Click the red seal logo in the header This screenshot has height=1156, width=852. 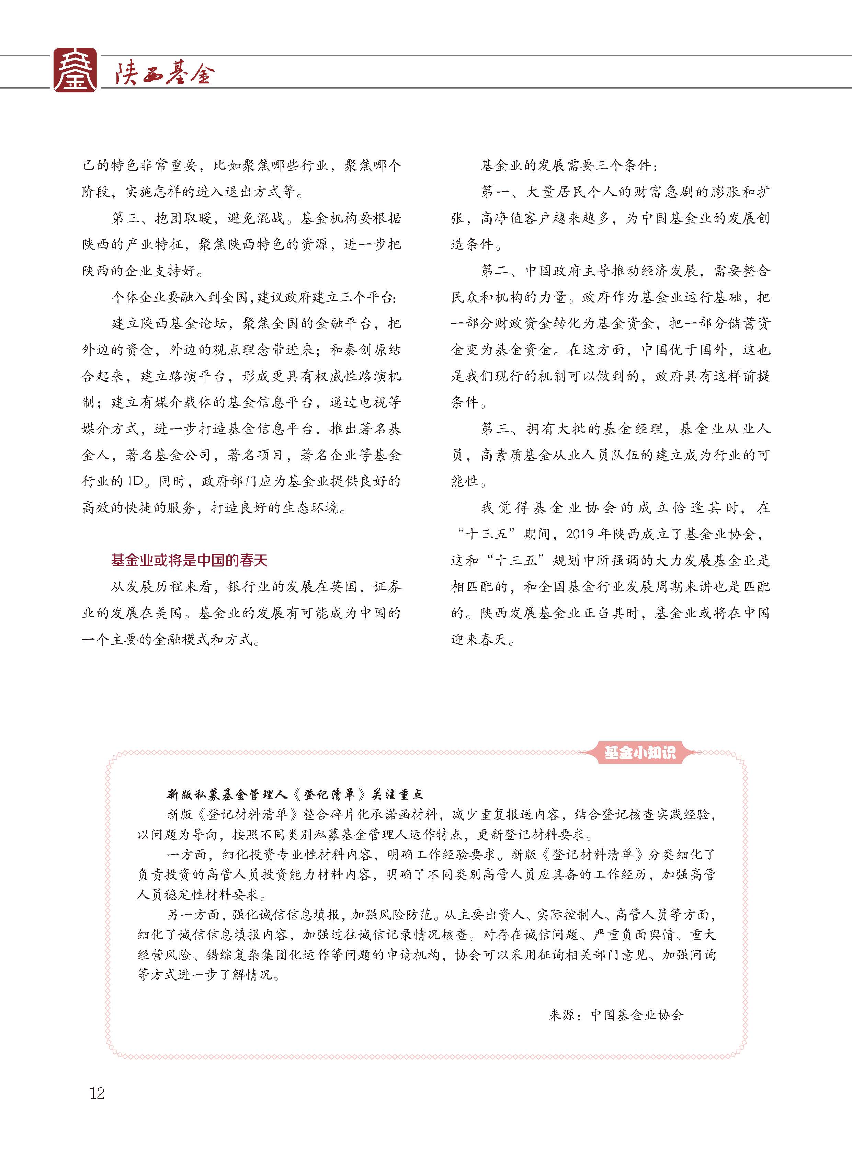pyautogui.click(x=75, y=71)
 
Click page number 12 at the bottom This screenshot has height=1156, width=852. pyautogui.click(x=97, y=1093)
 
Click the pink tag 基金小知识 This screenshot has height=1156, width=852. pyautogui.click(x=639, y=753)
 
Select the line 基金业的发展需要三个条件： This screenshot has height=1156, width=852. pyautogui.click(x=569, y=165)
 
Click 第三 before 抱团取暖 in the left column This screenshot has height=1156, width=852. pyautogui.click(x=126, y=218)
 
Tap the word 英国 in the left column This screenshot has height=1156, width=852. pyautogui.click(x=343, y=587)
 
